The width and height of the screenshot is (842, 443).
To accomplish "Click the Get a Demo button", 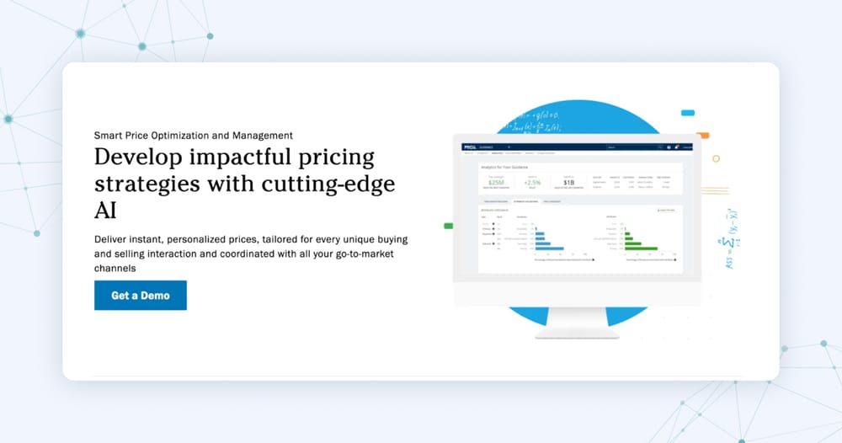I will tap(141, 296).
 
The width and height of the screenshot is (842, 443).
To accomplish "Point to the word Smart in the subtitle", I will tap(108, 135).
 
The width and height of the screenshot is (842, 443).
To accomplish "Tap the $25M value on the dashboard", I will tap(496, 182).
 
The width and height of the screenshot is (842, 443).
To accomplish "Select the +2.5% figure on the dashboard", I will tap(532, 182).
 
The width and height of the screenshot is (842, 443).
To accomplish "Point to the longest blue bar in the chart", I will tap(550, 248).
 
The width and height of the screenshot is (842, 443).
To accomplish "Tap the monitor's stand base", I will tap(577, 334).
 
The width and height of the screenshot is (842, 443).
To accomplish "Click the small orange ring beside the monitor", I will tap(717, 158).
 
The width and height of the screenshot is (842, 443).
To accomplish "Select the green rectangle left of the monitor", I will tap(448, 226).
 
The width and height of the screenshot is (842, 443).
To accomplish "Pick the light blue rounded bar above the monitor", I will tap(688, 112).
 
